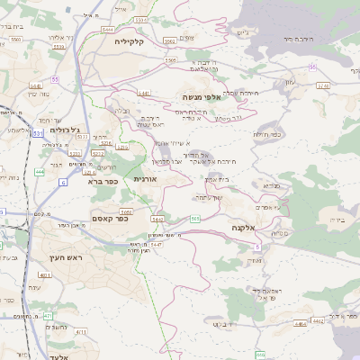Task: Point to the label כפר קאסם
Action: click(x=112, y=219)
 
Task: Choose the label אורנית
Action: click(x=146, y=179)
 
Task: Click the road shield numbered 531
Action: click(x=38, y=133)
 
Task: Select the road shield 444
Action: click(x=39, y=171)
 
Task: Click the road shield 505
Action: click(x=195, y=219)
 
